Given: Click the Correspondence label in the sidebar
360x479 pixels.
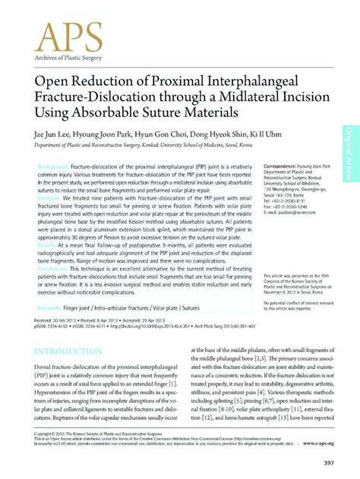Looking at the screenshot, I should pos(283,166).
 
